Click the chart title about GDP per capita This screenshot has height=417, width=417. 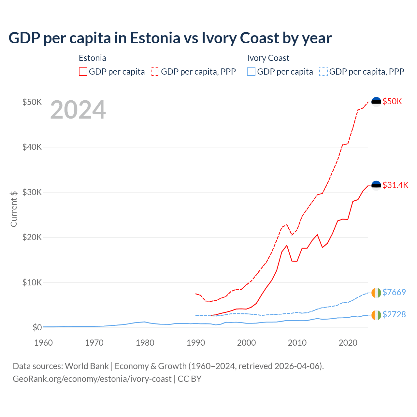pyautogui.click(x=170, y=38)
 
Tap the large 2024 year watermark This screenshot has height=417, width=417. pyautogui.click(x=78, y=110)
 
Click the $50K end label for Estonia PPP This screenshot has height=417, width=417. pyautogui.click(x=392, y=101)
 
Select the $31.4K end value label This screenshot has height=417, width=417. pyautogui.click(x=395, y=185)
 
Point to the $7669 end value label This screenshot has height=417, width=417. pyautogui.click(x=394, y=292)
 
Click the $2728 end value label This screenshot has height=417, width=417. pyautogui.click(x=394, y=314)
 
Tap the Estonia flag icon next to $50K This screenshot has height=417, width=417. pyautogui.click(x=376, y=102)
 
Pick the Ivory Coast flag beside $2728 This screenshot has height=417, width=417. pyautogui.click(x=376, y=315)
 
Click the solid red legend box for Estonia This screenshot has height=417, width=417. pyautogui.click(x=83, y=72)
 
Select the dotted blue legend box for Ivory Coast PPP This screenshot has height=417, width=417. pyautogui.click(x=324, y=72)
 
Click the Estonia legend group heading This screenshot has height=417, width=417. pyautogui.click(x=93, y=58)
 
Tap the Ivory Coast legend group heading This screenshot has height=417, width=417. pyautogui.click(x=268, y=58)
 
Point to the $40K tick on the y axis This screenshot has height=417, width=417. pyautogui.click(x=32, y=147)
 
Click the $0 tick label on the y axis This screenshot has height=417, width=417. pyautogui.click(x=37, y=327)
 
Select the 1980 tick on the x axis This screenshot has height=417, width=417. pyautogui.click(x=145, y=343)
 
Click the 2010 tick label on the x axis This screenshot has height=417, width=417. pyautogui.click(x=297, y=343)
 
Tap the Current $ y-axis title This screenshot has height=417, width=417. pyautogui.click(x=14, y=209)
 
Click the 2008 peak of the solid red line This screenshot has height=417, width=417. pyautogui.click(x=287, y=245)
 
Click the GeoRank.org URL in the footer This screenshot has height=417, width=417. pyautogui.click(x=92, y=379)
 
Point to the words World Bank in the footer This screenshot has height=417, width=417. pyautogui.click(x=87, y=366)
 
